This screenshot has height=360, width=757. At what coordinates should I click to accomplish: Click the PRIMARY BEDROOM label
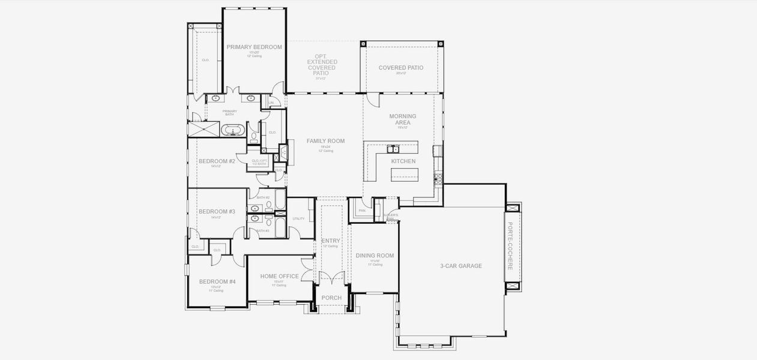click(254, 47)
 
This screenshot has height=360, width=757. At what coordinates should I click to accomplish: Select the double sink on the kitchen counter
click(394, 149)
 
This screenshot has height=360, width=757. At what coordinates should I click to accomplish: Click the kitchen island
click(405, 175)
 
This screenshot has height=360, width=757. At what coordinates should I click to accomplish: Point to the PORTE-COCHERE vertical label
click(510, 246)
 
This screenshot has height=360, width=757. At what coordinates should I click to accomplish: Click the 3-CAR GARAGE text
click(461, 266)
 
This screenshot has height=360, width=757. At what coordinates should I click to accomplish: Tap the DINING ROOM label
click(375, 256)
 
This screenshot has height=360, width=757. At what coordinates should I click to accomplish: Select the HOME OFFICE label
click(279, 277)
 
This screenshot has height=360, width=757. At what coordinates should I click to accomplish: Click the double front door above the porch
click(331, 282)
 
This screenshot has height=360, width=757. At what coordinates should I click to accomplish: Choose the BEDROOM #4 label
click(217, 281)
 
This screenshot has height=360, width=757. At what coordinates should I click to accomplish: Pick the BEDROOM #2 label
click(217, 161)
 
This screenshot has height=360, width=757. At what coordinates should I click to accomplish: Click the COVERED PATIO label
click(400, 68)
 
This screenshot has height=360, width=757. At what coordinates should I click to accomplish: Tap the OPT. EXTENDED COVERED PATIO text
click(322, 65)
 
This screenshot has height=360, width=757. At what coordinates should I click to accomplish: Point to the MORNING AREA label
click(402, 119)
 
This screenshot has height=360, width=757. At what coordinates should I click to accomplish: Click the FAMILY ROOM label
click(325, 141)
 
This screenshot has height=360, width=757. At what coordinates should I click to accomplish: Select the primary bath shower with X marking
click(204, 129)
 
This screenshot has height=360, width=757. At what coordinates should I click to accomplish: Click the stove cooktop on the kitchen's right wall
click(437, 178)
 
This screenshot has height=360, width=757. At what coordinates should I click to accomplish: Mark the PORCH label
click(331, 298)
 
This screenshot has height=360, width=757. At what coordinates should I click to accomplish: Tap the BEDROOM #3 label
click(217, 211)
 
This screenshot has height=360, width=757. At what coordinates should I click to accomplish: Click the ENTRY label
click(330, 241)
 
